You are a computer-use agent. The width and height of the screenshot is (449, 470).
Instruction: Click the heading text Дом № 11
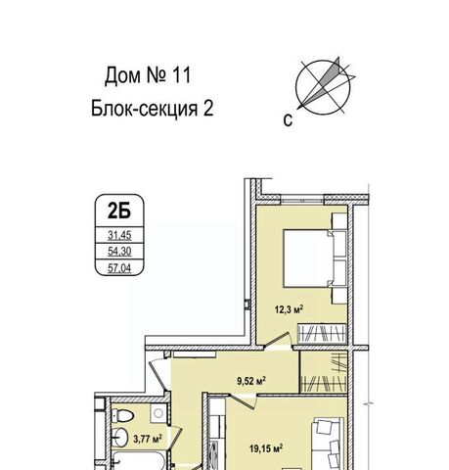[x=148, y=75]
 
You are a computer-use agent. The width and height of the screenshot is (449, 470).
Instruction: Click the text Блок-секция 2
[x=152, y=109]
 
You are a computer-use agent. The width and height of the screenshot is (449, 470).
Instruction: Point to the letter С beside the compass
[x=288, y=120]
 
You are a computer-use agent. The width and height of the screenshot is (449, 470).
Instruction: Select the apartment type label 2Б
[x=119, y=211]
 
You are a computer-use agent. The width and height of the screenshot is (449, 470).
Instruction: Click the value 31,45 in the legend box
[x=119, y=235]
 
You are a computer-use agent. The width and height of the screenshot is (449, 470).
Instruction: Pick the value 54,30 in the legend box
[x=119, y=252]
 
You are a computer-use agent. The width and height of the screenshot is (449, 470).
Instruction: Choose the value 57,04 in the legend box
[x=119, y=268]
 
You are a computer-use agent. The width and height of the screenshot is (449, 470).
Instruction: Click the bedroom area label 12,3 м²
[x=290, y=308]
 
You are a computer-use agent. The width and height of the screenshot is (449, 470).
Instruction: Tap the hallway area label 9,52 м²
[x=251, y=381]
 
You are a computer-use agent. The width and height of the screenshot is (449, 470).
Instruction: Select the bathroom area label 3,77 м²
[x=148, y=439]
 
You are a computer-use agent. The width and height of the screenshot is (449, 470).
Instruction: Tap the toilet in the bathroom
[x=122, y=415]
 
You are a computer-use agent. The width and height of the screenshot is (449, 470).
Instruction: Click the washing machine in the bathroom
[x=158, y=413]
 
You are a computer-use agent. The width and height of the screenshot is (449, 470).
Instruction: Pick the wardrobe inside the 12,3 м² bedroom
[x=322, y=334]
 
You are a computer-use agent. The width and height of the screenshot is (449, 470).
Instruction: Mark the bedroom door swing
[x=278, y=340]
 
